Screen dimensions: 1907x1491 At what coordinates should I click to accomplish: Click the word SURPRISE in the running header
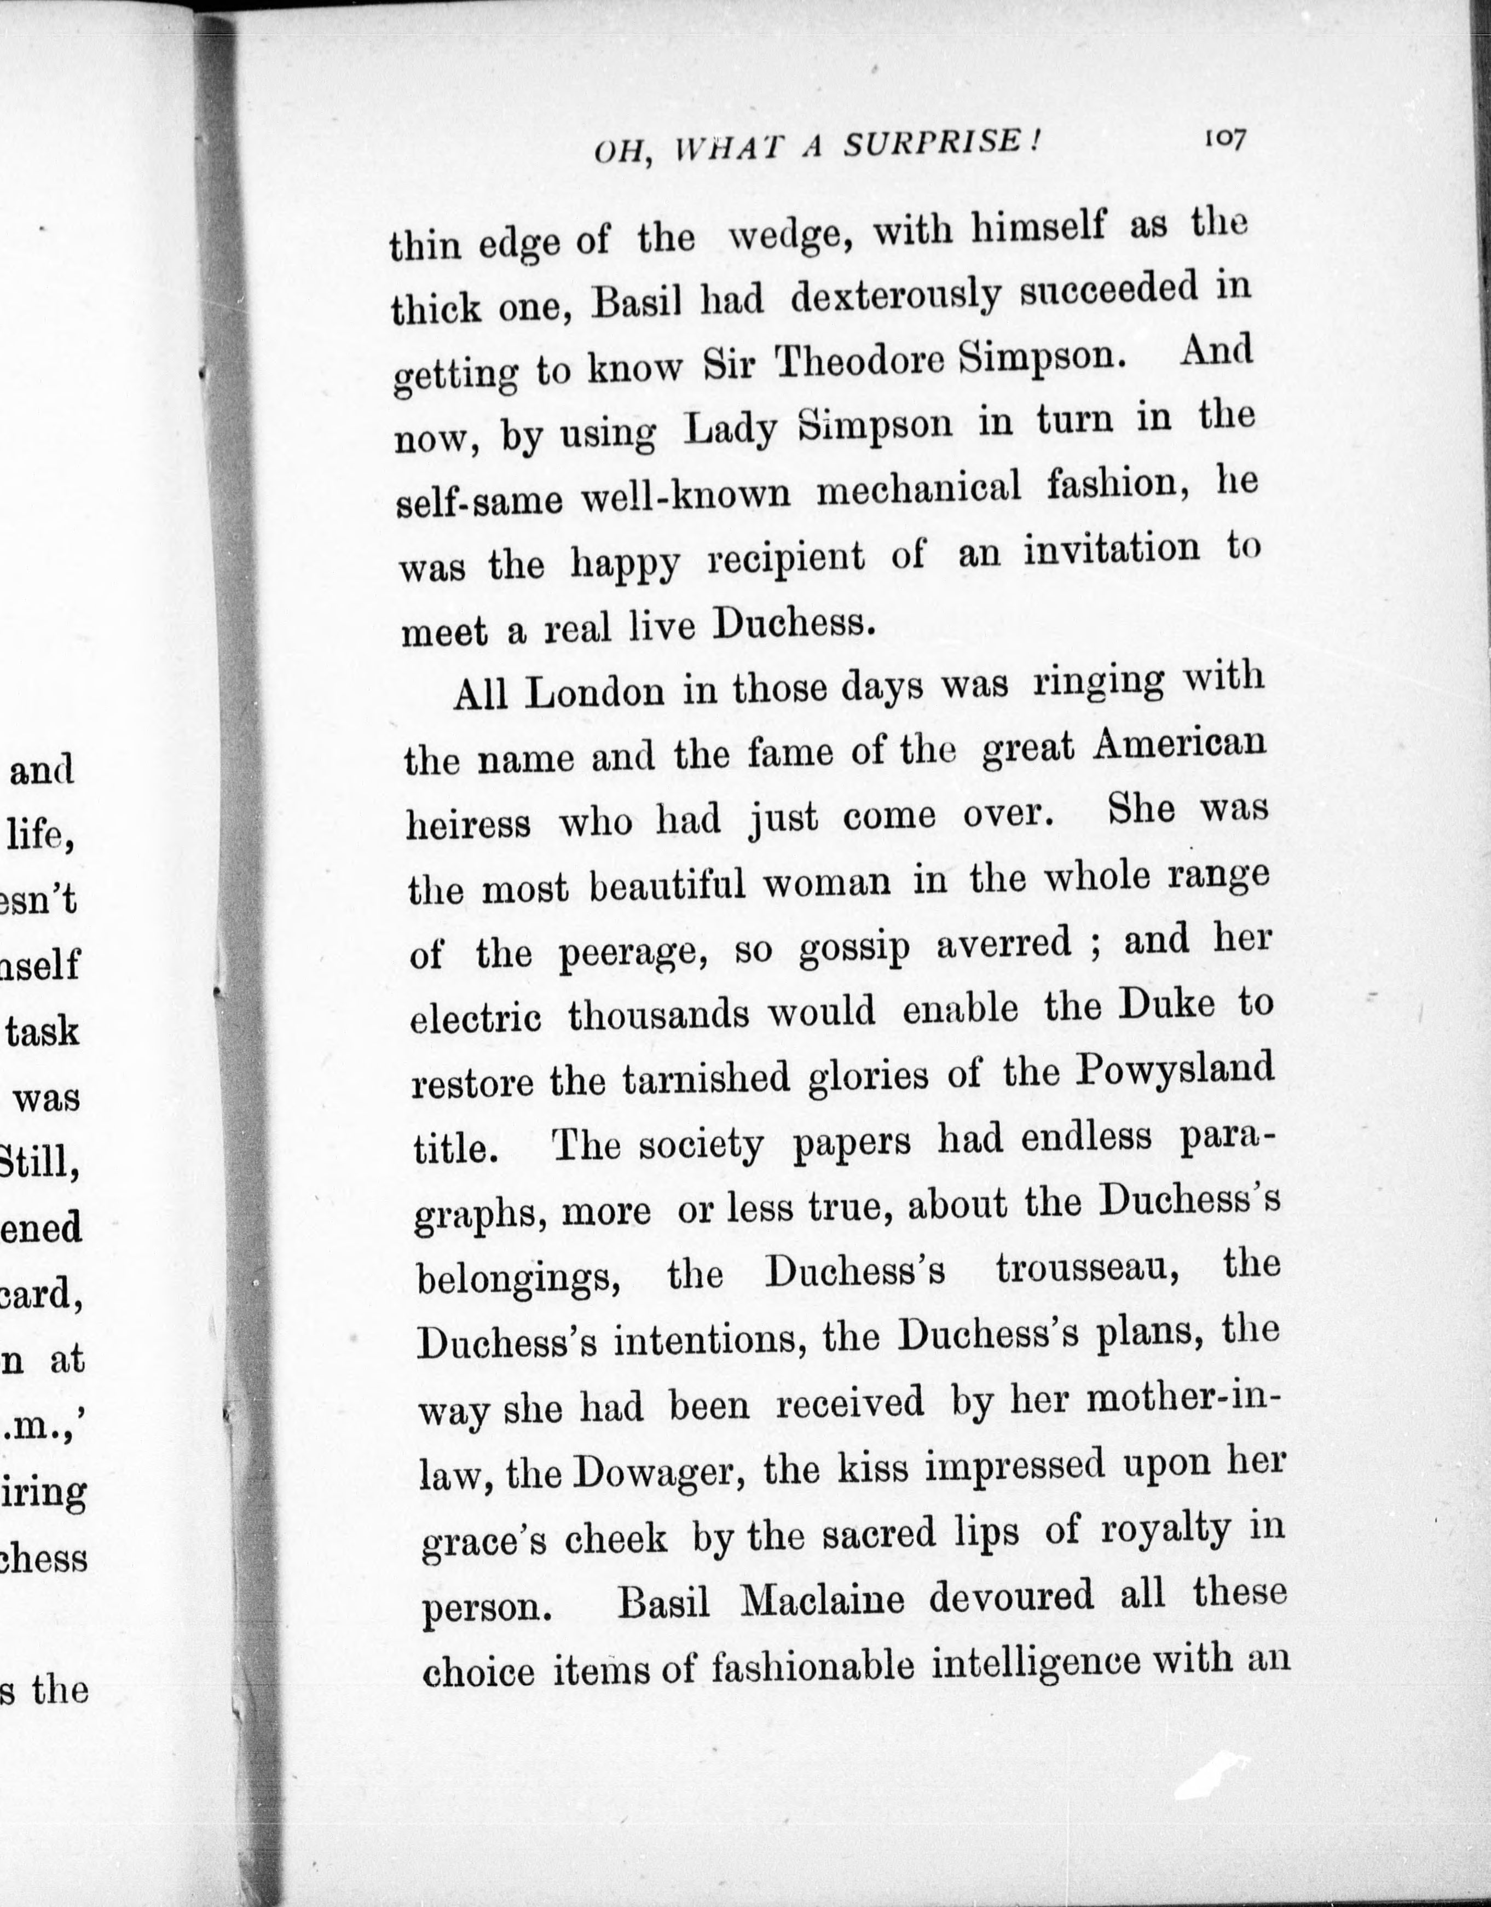tap(941, 143)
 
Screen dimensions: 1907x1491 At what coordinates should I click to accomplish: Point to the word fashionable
tap(812, 1668)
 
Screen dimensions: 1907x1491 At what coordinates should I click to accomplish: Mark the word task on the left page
tap(42, 1031)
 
